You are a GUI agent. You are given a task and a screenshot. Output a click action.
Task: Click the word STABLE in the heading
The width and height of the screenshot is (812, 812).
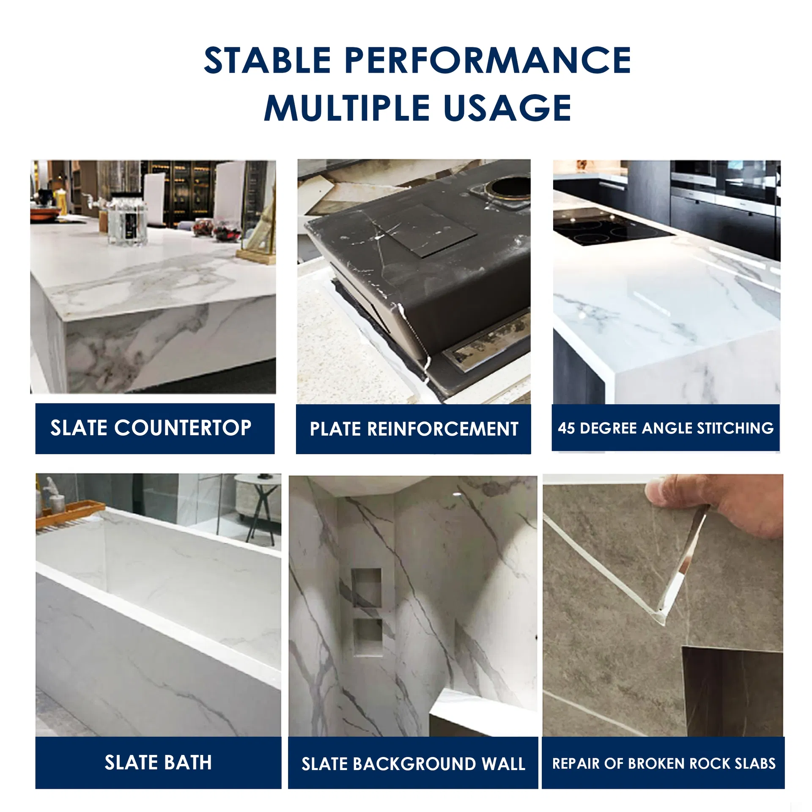pyautogui.click(x=267, y=60)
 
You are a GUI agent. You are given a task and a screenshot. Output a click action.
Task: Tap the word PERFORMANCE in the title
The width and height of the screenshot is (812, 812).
pyautogui.click(x=488, y=60)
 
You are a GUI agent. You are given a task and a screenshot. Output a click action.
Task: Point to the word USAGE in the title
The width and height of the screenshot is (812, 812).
pyautogui.click(x=507, y=107)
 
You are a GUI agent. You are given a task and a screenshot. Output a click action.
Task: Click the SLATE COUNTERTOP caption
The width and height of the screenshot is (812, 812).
pyautogui.click(x=151, y=428)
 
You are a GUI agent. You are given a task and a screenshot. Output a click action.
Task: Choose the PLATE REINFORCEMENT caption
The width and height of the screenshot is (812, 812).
pyautogui.click(x=414, y=429)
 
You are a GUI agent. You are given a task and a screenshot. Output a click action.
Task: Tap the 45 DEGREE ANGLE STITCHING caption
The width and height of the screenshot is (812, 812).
pyautogui.click(x=666, y=428)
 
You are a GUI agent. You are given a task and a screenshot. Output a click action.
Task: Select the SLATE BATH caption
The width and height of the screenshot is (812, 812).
pyautogui.click(x=158, y=763)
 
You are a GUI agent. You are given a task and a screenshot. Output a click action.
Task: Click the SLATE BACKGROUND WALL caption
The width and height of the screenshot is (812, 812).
pyautogui.click(x=413, y=764)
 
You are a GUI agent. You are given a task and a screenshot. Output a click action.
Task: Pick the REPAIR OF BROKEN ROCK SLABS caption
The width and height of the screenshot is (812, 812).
pyautogui.click(x=664, y=763)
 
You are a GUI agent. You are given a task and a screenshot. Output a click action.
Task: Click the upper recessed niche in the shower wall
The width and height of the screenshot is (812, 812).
pyautogui.click(x=366, y=588)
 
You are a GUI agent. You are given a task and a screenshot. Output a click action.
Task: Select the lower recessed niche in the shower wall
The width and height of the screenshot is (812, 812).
pyautogui.click(x=368, y=638)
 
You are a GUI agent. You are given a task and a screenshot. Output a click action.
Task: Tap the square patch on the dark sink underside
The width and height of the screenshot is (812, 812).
pyautogui.click(x=427, y=230)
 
